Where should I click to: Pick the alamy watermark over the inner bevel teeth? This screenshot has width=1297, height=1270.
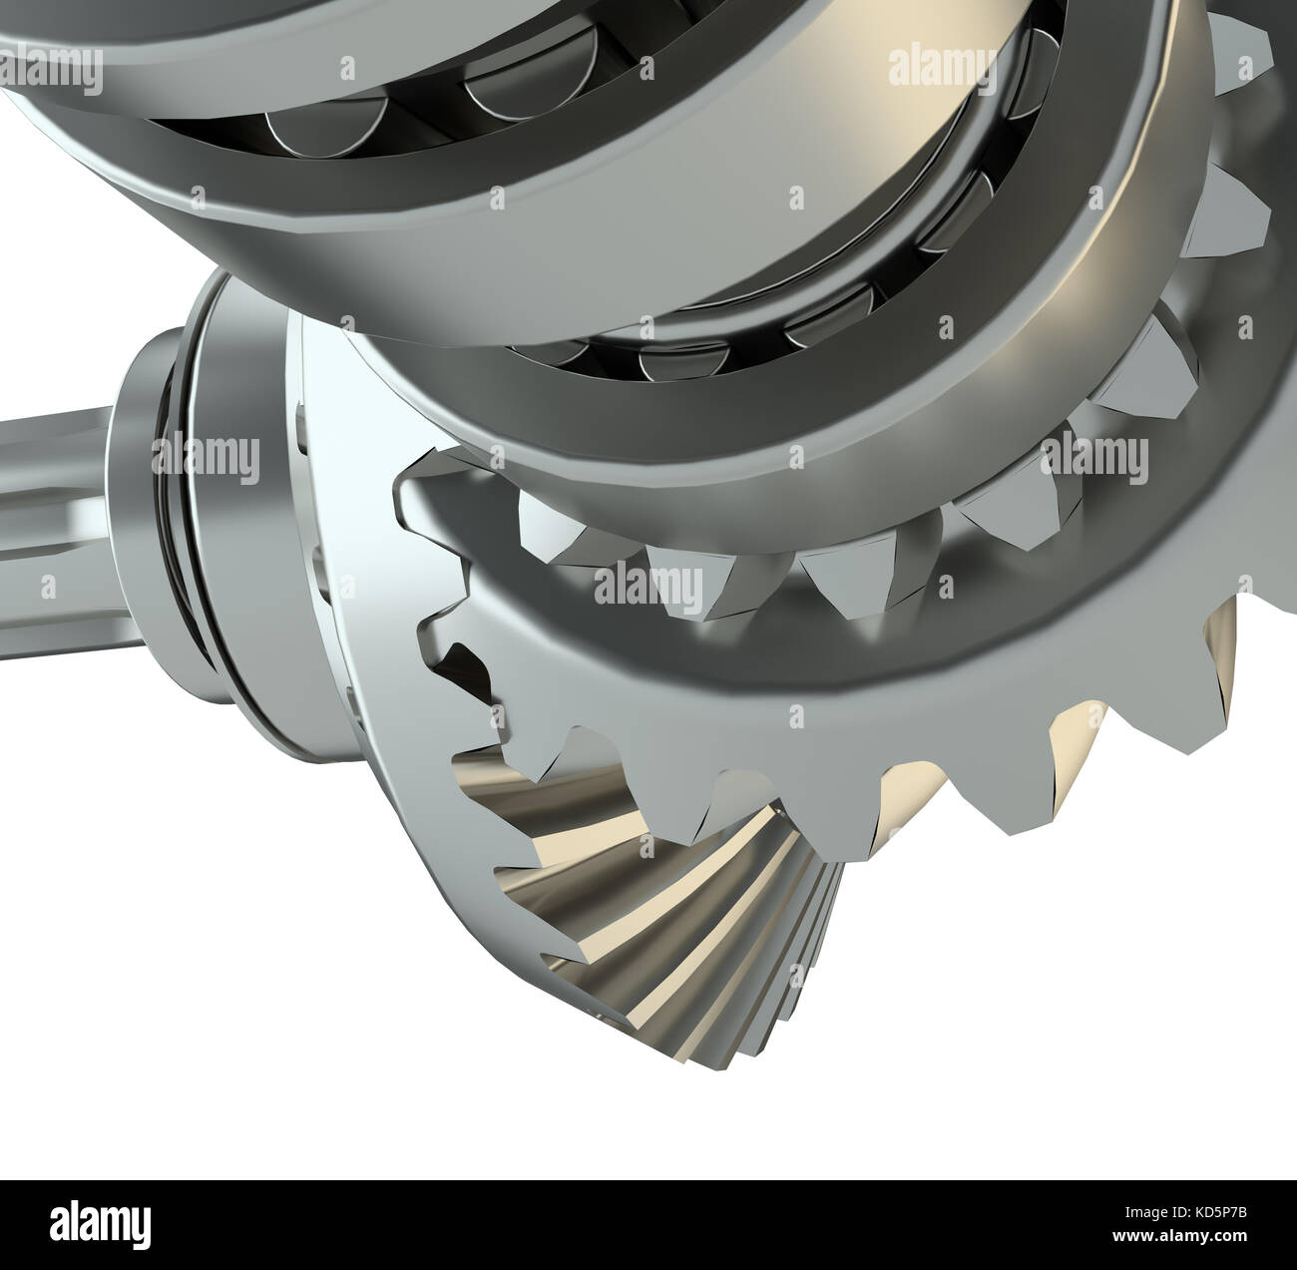[648, 583]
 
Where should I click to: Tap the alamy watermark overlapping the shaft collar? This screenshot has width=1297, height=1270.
[206, 455]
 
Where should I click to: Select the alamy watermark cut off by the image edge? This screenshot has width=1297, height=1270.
[50, 69]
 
